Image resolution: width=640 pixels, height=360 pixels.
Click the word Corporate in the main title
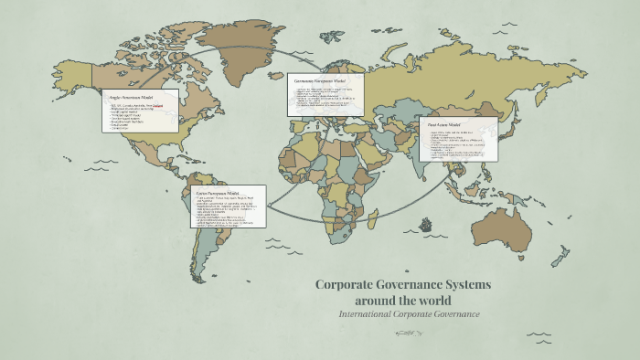tap(347, 285)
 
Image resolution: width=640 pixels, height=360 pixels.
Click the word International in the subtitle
tap(364, 314)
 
